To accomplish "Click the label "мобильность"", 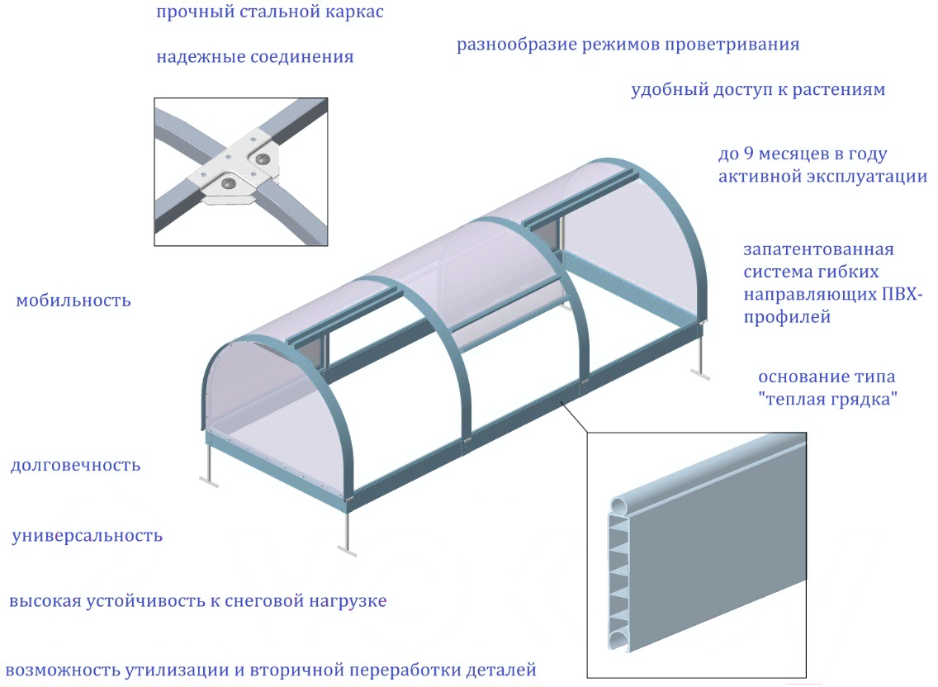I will (73, 301).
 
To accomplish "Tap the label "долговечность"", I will (75, 466).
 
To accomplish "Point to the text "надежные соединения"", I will (254, 58).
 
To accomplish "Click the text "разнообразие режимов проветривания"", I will (628, 45).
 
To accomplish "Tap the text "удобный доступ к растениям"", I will (758, 90).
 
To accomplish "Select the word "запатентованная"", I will (818, 249).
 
